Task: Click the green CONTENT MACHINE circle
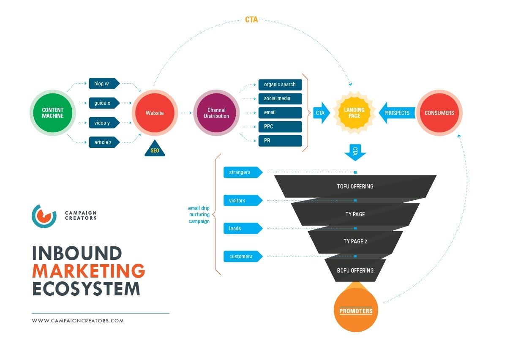point(53,113)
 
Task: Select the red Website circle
point(155,113)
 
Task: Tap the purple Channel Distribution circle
point(216,113)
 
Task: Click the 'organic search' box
point(280,85)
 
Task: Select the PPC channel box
point(280,127)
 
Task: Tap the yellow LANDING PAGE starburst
point(354,113)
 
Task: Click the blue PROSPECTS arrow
point(395,113)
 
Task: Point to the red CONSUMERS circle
point(439,113)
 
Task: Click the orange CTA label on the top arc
point(251,20)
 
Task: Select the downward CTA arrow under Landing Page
point(355,152)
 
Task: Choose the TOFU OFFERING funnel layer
point(355,186)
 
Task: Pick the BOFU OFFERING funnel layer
point(355,270)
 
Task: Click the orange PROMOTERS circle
point(356,311)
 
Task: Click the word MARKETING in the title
point(89,271)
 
